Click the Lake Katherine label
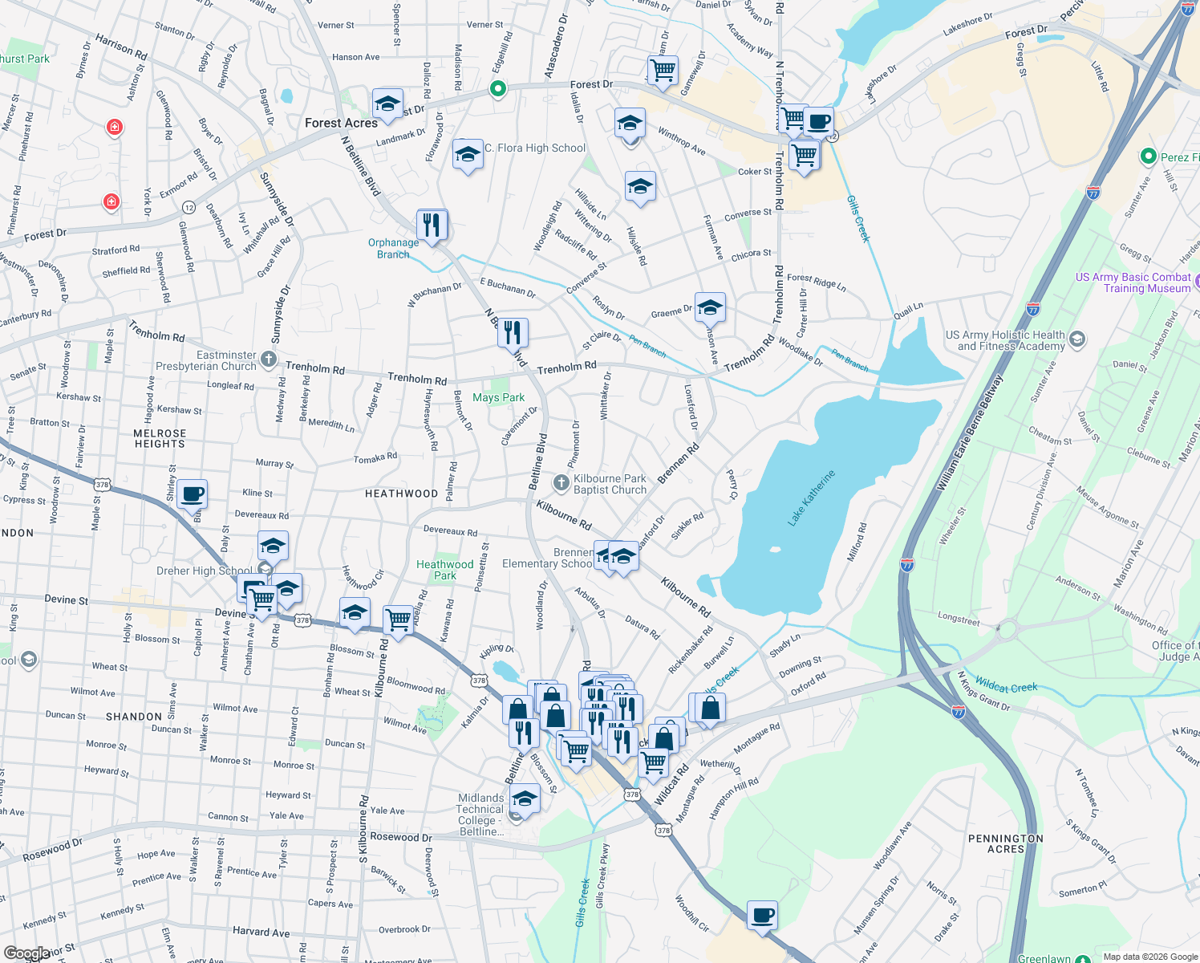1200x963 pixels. (x=812, y=498)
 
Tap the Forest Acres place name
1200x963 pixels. (x=341, y=123)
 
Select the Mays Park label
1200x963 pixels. (x=498, y=397)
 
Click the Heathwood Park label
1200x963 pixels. (x=444, y=570)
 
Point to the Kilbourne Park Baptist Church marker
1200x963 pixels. (x=561, y=483)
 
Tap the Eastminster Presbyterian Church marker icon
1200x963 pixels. (x=269, y=360)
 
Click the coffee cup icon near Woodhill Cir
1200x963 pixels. (x=762, y=915)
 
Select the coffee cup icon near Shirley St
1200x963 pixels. (x=192, y=494)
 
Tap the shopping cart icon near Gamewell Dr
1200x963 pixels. (x=663, y=70)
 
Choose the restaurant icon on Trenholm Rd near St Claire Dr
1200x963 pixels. (x=513, y=331)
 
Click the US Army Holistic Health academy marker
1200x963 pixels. (x=1077, y=339)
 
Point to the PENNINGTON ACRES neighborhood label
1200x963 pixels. (x=1005, y=843)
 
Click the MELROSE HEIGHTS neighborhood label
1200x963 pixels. (x=160, y=438)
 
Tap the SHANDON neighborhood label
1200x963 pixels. (x=134, y=717)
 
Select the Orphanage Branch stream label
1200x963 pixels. (x=393, y=248)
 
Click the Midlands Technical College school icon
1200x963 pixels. (x=525, y=798)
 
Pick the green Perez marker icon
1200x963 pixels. (x=1148, y=156)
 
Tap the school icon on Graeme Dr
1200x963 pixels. (x=710, y=307)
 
